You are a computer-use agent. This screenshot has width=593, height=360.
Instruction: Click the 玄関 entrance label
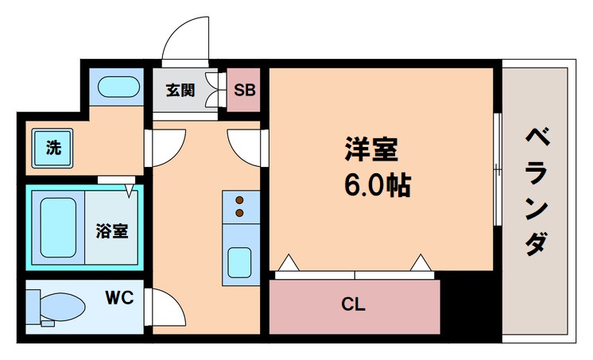pos(180,90)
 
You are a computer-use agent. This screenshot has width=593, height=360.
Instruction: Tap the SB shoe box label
pos(245,90)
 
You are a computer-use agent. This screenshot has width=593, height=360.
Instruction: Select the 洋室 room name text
pos(370,150)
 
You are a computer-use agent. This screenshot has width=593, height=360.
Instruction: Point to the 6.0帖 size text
pos(377,185)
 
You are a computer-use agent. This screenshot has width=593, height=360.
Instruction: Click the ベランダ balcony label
pos(537,191)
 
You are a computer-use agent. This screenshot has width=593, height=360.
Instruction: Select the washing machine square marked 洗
pos(52,148)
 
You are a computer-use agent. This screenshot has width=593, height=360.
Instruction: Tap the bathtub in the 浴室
pos(56,226)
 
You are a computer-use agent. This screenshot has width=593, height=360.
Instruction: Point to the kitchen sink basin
pos(238,261)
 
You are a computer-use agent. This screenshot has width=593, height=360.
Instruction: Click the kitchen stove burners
pos(238,207)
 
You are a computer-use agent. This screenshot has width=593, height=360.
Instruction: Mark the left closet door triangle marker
pos(289,261)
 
